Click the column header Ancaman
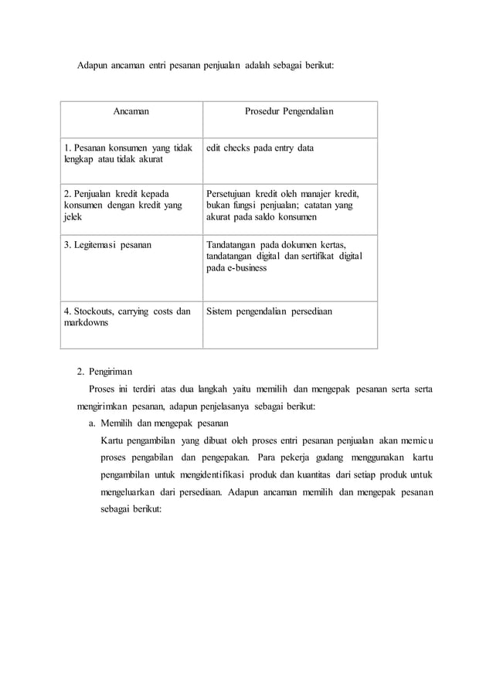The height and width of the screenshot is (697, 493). (x=131, y=112)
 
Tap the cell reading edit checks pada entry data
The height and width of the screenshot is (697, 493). (x=260, y=147)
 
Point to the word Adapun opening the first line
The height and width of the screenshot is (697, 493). (x=93, y=67)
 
